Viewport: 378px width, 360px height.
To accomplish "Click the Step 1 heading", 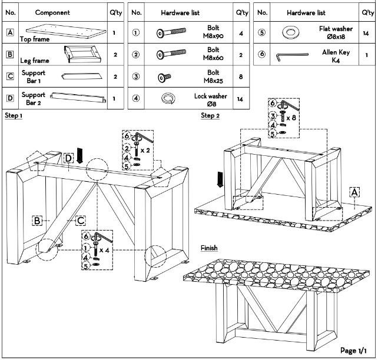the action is (14, 115).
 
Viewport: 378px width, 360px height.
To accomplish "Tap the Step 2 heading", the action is (210, 115).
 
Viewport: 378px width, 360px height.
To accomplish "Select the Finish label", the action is (209, 248).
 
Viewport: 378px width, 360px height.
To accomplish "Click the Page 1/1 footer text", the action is (353, 351).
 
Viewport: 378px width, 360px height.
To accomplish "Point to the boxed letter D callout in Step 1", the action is (68, 158).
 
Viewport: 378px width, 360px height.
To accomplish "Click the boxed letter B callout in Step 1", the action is (37, 221).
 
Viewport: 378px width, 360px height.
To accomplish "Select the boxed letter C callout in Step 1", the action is (81, 221).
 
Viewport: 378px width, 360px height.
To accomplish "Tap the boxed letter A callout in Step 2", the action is (354, 192).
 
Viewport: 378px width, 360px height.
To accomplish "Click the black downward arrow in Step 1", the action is (79, 155).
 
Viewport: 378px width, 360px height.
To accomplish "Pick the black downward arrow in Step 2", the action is (220, 179).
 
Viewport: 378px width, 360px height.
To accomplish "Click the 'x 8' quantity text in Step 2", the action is (291, 118).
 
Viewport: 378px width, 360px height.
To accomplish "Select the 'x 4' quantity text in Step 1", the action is (104, 251).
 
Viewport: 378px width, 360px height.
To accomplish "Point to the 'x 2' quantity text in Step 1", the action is (145, 151).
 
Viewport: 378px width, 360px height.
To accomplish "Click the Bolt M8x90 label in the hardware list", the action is (213, 32).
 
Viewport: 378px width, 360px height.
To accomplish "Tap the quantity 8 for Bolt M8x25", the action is (241, 77).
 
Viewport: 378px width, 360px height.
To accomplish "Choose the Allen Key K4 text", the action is (336, 56).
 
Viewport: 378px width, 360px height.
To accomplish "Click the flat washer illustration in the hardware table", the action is (291, 32).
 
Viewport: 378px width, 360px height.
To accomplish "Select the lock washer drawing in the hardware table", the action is (168, 98).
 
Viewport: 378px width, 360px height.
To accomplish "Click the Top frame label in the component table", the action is (35, 39).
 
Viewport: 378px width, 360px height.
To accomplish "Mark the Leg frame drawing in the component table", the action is (82, 54).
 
